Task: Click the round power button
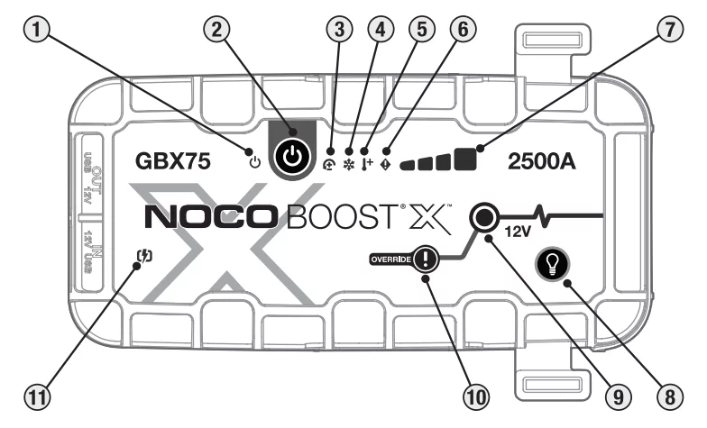(290, 155)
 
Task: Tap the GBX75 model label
(174, 162)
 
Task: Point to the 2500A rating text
(540, 162)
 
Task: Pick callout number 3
(339, 30)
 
